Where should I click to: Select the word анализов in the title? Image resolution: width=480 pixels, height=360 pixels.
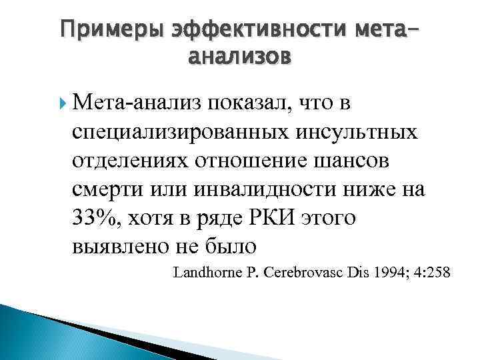point(239,57)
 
